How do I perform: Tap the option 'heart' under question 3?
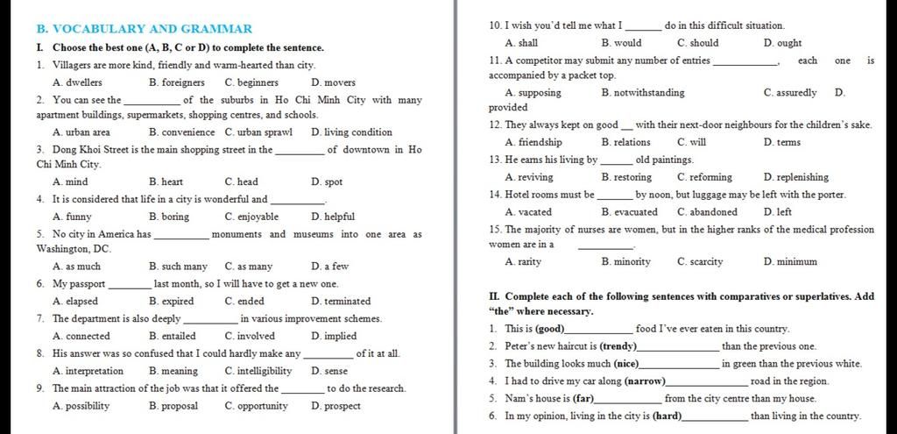pos(172,182)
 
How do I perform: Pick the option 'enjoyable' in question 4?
pos(258,217)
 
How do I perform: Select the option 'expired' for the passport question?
pos(171,301)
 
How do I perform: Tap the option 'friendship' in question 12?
pos(540,142)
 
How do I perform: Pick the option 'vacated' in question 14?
pos(534,211)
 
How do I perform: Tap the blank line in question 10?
pos(643,27)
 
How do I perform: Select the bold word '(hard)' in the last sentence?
pos(660,416)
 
